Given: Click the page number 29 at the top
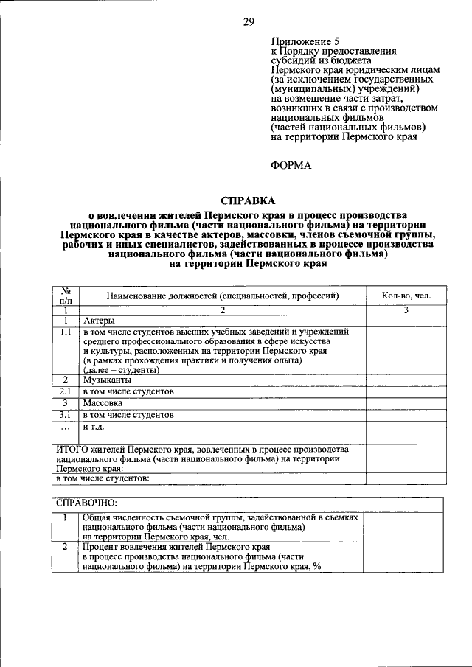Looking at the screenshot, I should pos(249,22).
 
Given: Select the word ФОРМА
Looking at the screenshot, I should pos(291,165).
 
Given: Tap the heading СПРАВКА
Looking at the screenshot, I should pos(248,200).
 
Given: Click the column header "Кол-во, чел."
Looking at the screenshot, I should pos(406,296).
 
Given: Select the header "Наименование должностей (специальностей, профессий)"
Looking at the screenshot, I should pos(222,296).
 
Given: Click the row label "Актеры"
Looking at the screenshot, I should pos(98,321).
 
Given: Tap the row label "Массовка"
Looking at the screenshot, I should pos(103,403).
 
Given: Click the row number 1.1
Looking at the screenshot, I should pos(65,332).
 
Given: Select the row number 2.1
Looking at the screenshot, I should pos(65,391).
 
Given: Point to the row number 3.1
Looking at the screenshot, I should pos(65,415).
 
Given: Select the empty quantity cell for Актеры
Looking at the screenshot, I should pos(406,321).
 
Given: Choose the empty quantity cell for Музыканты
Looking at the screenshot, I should pos(406,379).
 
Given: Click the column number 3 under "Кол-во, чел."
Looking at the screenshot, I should pos(406,310).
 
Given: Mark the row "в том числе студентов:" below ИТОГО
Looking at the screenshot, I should pos(103,478).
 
